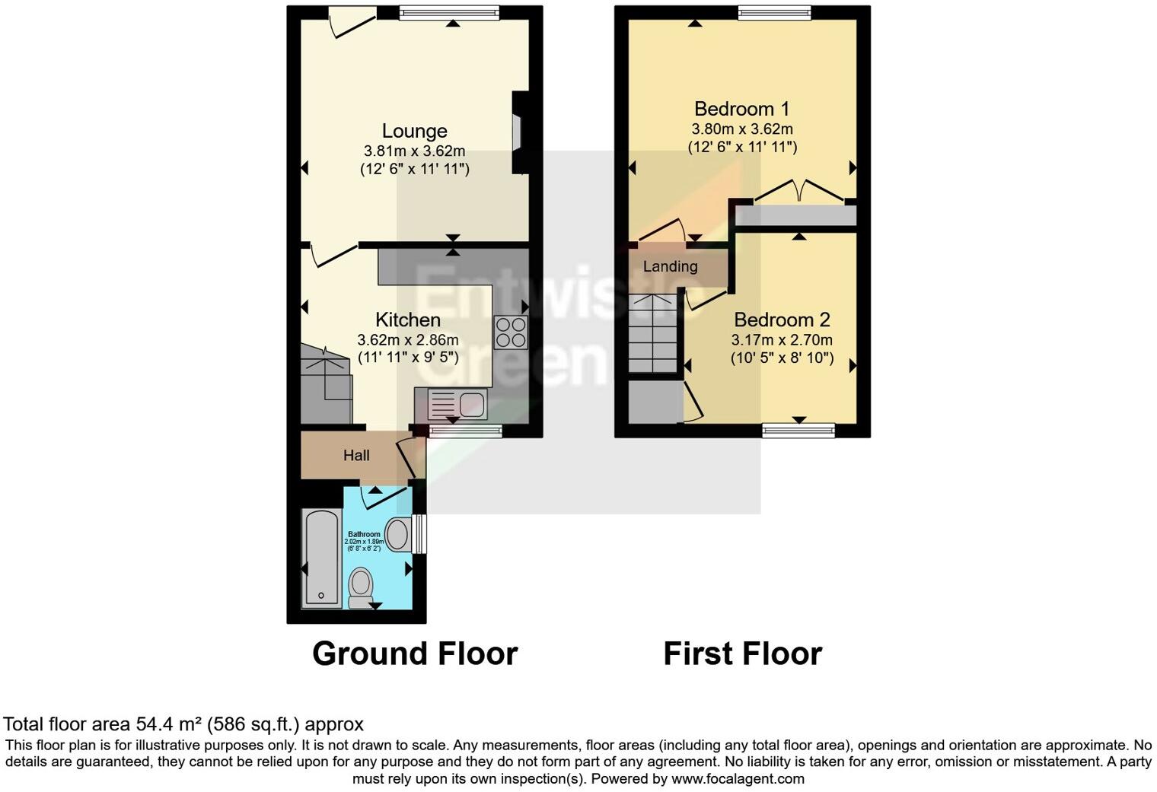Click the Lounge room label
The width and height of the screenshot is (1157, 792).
coord(414,132)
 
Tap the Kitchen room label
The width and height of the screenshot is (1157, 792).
coord(408,320)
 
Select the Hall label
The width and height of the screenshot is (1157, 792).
coord(356,456)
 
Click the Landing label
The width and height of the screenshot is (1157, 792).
coord(670,266)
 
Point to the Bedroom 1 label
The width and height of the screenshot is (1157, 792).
coord(741,109)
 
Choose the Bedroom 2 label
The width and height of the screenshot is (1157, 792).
coord(782,320)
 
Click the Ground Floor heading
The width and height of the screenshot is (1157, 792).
coord(415,654)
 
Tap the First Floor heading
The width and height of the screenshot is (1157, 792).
coord(742,654)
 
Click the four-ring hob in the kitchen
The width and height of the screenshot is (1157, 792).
coord(511,332)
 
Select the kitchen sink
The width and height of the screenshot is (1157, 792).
coord(457,403)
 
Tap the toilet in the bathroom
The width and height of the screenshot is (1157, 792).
coord(360,587)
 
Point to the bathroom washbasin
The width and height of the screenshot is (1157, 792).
coord(397,534)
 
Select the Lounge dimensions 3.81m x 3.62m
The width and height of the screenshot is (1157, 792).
coord(414,151)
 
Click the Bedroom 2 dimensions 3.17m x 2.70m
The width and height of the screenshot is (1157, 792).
coord(782,340)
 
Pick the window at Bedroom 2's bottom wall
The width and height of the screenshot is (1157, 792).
coord(798,431)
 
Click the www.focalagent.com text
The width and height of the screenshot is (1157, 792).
coord(738,779)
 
